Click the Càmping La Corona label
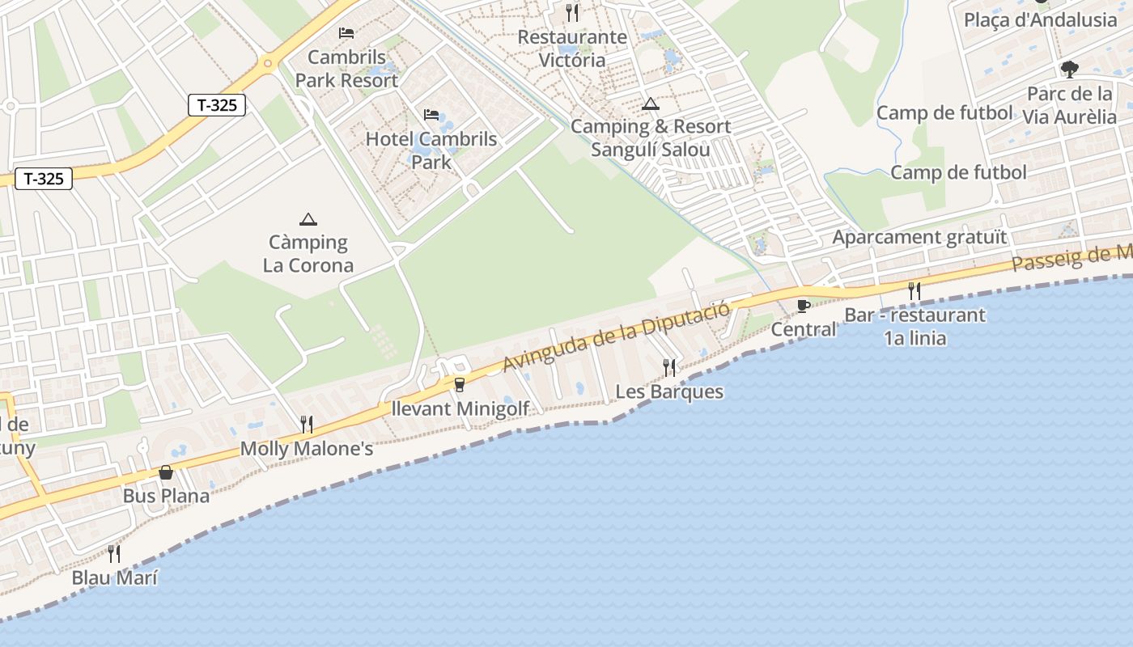coord(308,254)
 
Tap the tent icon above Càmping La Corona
coord(308,219)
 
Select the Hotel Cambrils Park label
coord(431,150)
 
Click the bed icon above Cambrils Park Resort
coord(346,33)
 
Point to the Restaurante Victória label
coord(572,49)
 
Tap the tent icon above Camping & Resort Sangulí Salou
coord(650,104)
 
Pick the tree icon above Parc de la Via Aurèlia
coord(1070,69)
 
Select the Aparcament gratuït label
coord(920,237)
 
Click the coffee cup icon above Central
coord(803,305)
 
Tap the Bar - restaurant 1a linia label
coord(915,326)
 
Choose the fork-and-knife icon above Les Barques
coord(669,368)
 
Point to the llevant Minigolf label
coord(460,408)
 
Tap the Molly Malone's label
coord(307,448)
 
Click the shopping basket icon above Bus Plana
coord(166,472)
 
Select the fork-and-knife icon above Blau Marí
coord(114,554)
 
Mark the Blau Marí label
coord(115,577)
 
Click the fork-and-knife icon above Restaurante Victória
coord(572,12)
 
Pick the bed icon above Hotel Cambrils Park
coord(431,115)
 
